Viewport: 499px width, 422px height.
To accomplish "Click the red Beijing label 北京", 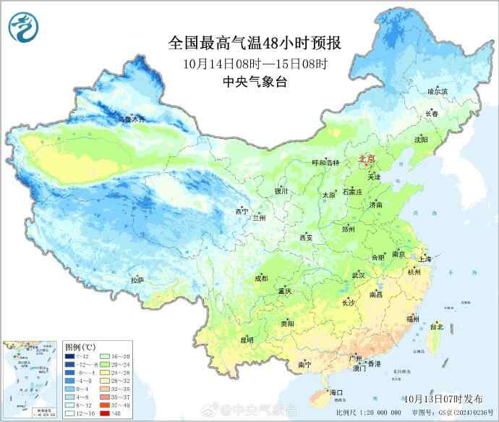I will pos(367,159).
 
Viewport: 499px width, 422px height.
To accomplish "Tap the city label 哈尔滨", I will pos(437,92).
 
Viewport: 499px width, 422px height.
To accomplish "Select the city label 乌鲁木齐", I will pos(132,118).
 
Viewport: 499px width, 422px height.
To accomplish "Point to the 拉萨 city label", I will pos(137,279).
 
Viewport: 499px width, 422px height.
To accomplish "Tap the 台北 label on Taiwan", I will pos(436,326).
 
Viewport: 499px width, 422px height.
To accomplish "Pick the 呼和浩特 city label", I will pos(325,163).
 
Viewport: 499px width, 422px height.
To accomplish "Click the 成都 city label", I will pos(261,278).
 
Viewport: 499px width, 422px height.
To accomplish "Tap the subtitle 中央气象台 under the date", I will pos(255,82).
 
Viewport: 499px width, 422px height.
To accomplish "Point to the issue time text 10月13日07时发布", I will pos(440,398).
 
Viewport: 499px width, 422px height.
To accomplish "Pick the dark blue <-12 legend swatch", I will pos(69,357).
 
